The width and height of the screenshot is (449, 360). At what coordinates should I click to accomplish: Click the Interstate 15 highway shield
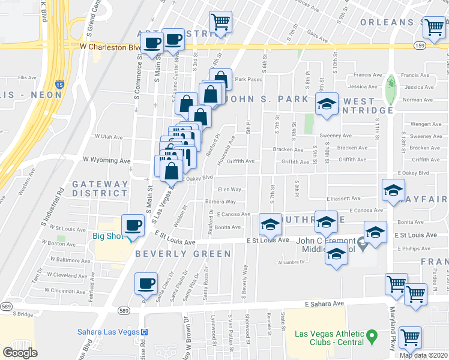59,86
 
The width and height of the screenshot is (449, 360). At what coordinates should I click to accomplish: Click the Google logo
20,353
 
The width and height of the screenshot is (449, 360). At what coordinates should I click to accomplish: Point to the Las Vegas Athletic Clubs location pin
372,334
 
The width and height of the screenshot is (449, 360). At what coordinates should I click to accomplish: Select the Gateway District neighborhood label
100,189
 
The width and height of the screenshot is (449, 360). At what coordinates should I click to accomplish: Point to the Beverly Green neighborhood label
182,254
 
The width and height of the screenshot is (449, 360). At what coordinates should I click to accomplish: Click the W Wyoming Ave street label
106,161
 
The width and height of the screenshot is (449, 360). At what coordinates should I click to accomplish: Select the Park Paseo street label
249,79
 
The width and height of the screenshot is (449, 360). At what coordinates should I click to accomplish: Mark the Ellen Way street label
229,190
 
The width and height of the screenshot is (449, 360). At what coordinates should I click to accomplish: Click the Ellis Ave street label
28,77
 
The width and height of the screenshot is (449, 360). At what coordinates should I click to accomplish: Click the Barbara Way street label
220,202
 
